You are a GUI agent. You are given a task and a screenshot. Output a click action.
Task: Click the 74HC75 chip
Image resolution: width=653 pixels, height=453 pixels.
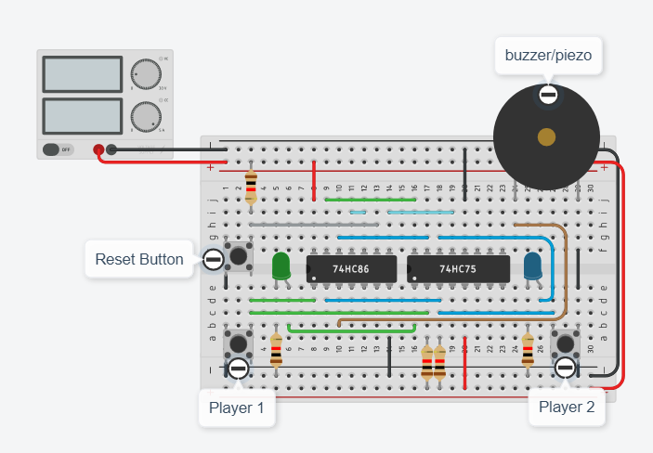coord(458,269)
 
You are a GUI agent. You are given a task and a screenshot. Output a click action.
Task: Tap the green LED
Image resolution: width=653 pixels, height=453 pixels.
coord(281,268)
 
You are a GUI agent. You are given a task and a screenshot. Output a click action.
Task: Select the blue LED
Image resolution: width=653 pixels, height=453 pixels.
coord(533,268)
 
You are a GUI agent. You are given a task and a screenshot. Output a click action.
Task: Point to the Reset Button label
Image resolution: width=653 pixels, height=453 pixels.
coord(139,259)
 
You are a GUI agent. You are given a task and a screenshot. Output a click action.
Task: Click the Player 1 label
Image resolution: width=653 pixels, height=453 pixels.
coord(237,407)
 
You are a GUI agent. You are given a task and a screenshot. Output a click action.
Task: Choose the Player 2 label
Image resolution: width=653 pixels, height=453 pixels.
coord(566,407)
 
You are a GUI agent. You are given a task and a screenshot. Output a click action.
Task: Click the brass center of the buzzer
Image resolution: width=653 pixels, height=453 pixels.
coord(546,137)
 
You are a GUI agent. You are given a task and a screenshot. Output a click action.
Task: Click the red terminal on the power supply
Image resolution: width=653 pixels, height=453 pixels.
coord(98,149)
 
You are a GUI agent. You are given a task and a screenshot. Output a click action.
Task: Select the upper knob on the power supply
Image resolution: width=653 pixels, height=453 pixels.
coord(144,74)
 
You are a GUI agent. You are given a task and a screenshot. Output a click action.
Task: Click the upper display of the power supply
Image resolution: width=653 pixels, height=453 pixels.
coord(82,74)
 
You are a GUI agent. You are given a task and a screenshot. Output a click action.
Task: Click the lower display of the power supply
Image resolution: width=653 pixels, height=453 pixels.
coord(82,115)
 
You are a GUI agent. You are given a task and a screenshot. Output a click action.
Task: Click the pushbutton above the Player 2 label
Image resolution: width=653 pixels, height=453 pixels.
coord(565,344)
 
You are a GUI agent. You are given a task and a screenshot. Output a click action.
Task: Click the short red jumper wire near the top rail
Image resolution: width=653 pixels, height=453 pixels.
coord(314,178)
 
